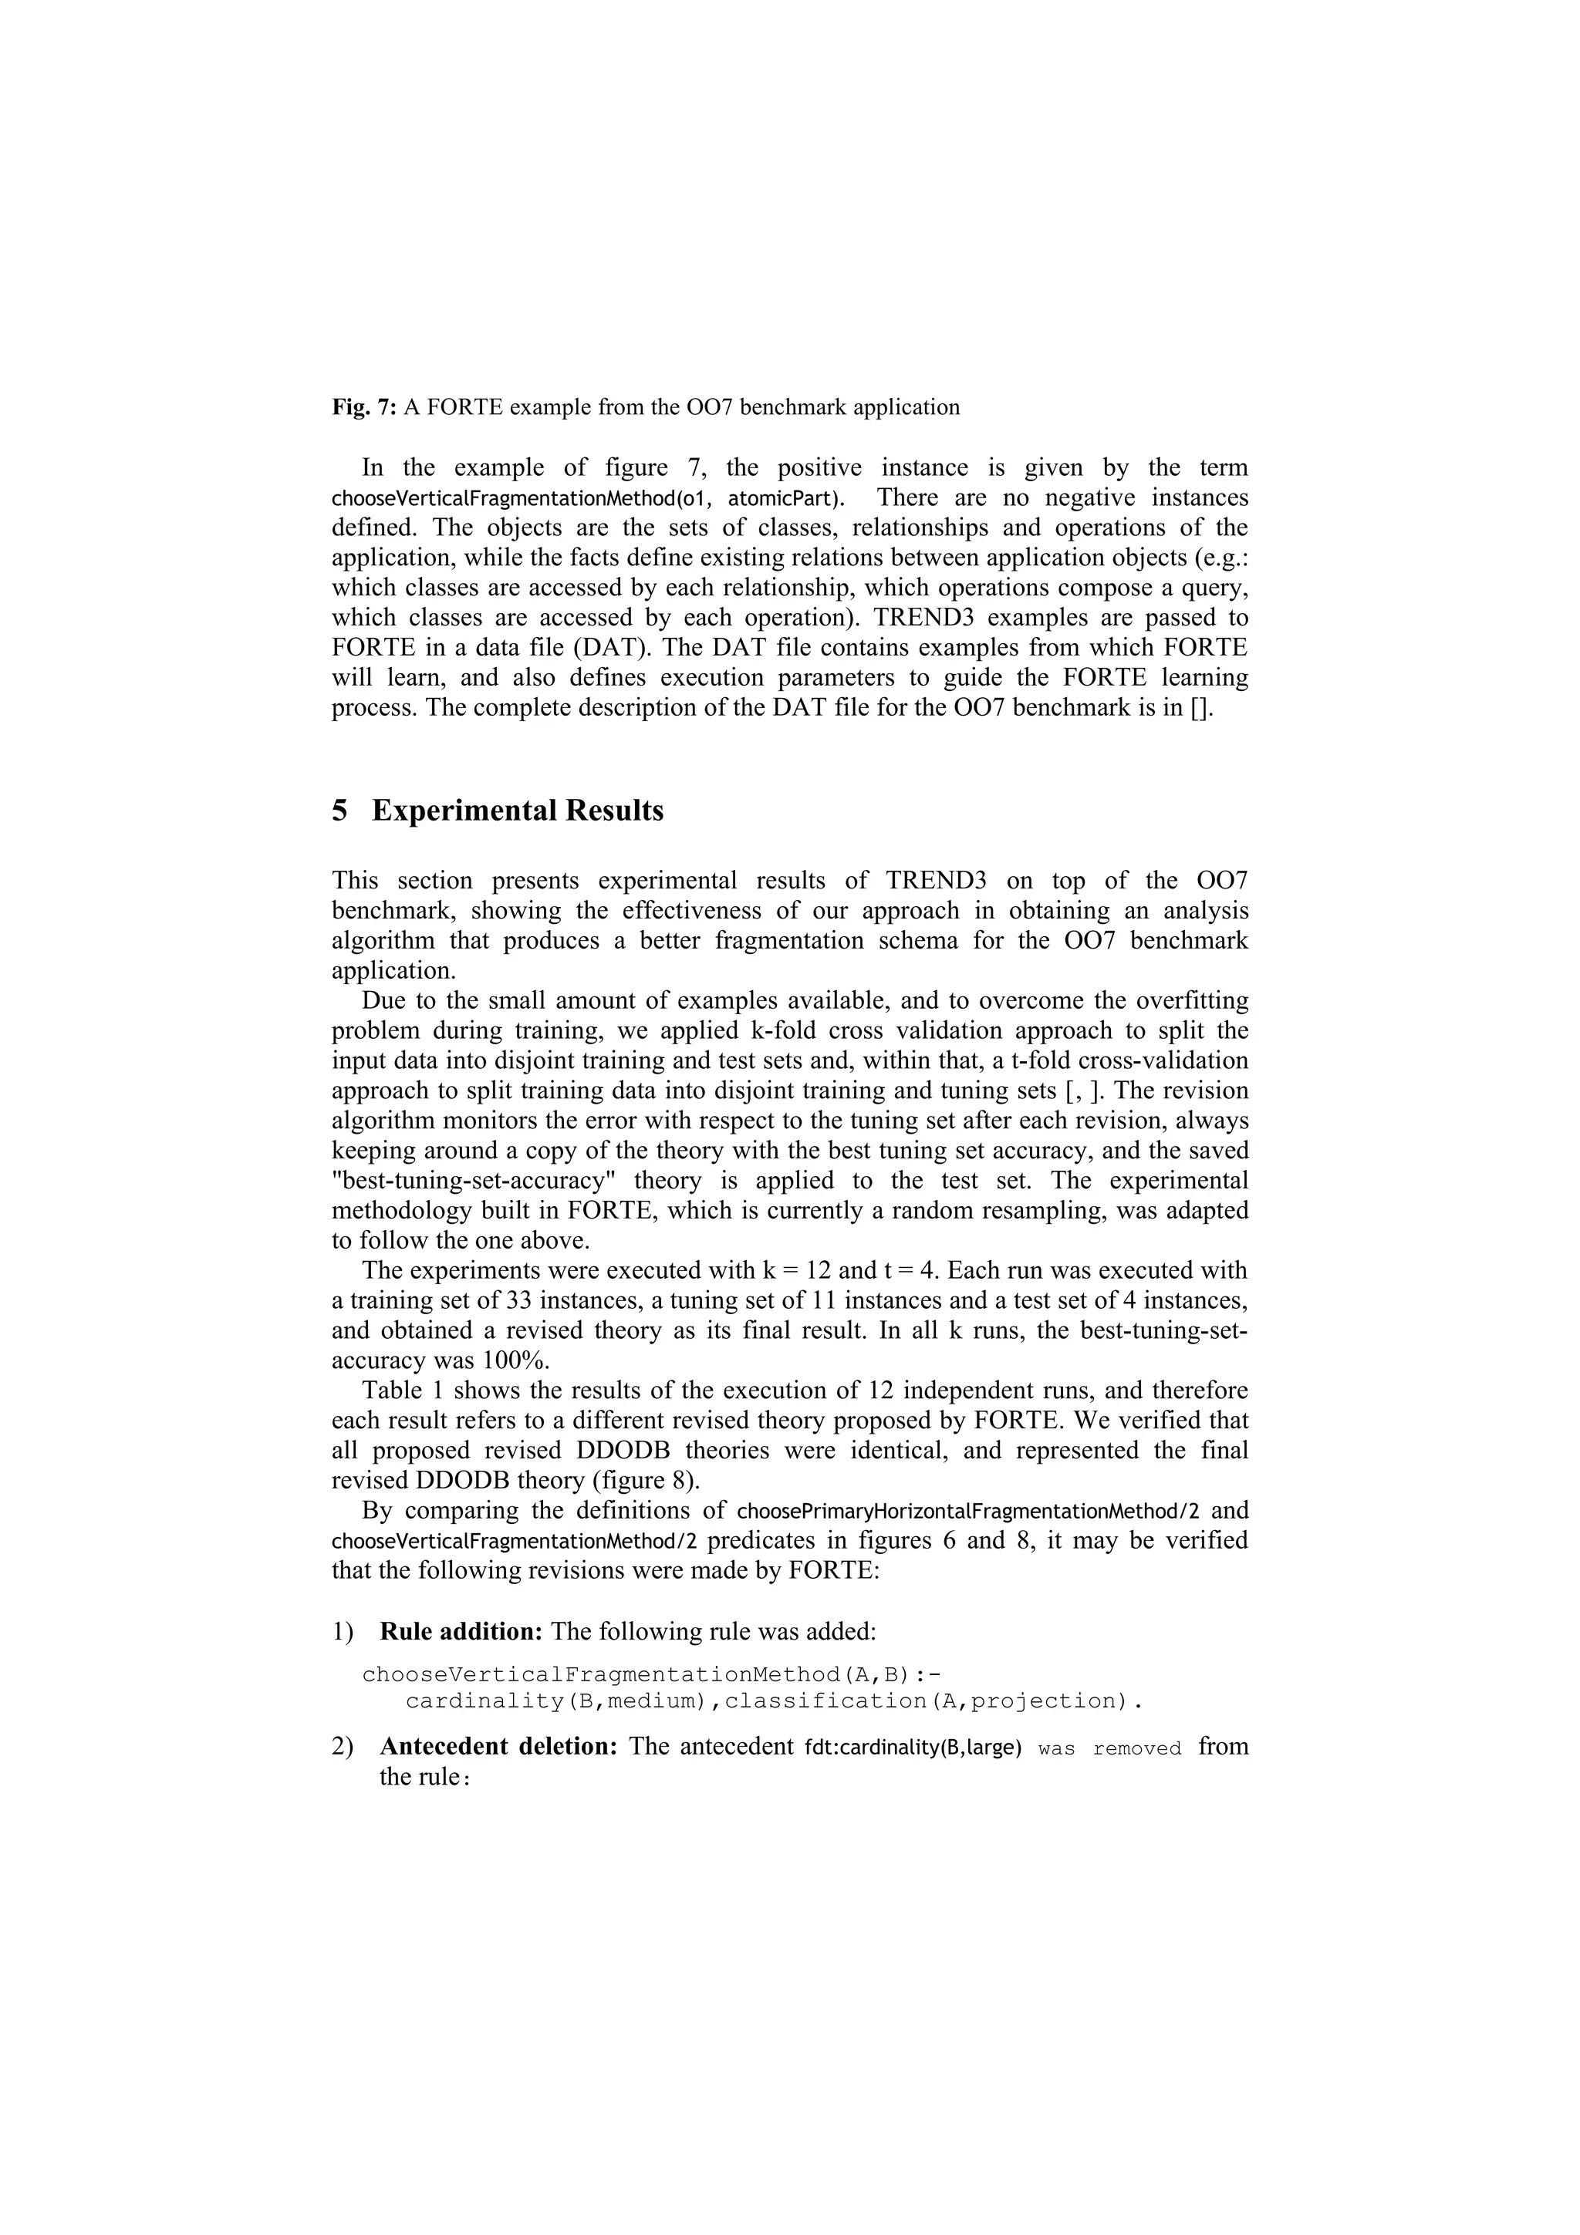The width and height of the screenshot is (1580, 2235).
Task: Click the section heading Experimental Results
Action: [517, 810]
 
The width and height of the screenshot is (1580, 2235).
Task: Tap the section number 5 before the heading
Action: [339, 810]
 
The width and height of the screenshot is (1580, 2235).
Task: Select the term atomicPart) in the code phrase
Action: [787, 498]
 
